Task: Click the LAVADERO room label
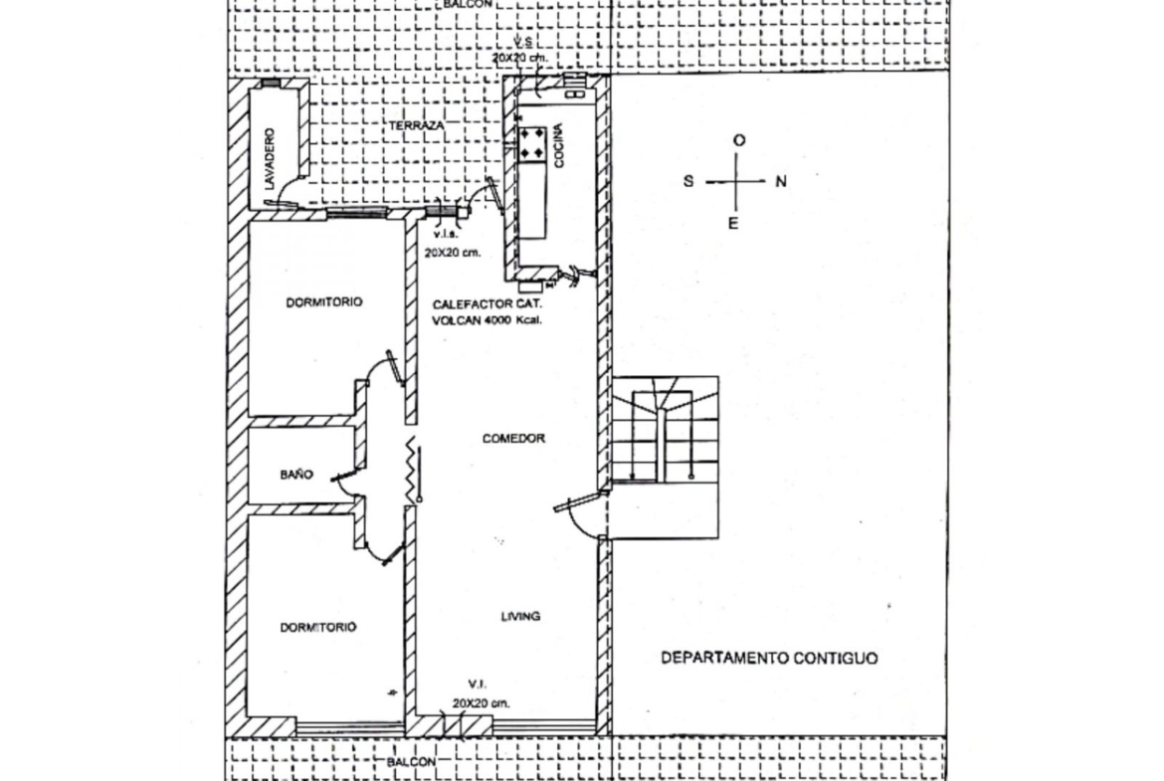pyautogui.click(x=270, y=158)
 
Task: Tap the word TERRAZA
pyautogui.click(x=417, y=125)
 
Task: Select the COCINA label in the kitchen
pyautogui.click(x=558, y=145)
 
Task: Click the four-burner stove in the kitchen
pyautogui.click(x=531, y=144)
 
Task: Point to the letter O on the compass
pyautogui.click(x=738, y=140)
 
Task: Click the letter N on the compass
pyautogui.click(x=781, y=181)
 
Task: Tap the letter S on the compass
pyautogui.click(x=688, y=181)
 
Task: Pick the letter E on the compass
pyautogui.click(x=732, y=224)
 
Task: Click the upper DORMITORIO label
pyautogui.click(x=324, y=302)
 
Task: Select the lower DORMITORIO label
pyautogui.click(x=317, y=628)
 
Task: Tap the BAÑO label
pyautogui.click(x=296, y=474)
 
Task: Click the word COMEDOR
pyautogui.click(x=513, y=438)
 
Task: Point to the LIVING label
pyautogui.click(x=520, y=616)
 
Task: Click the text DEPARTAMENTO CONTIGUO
pyautogui.click(x=769, y=658)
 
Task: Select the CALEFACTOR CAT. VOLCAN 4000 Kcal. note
pyautogui.click(x=486, y=311)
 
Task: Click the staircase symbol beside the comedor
pyautogui.click(x=666, y=457)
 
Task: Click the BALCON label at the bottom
pyautogui.click(x=411, y=762)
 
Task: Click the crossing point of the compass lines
pyautogui.click(x=736, y=181)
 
